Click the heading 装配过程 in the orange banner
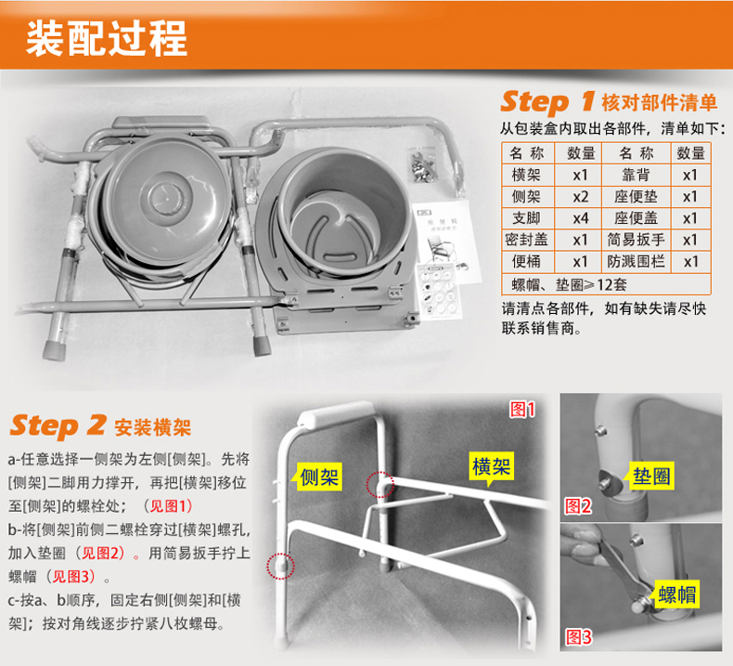click(107, 39)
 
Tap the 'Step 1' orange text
click(547, 102)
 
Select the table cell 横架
click(526, 175)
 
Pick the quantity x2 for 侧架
click(580, 197)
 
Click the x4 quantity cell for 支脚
click(580, 218)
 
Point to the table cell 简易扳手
click(636, 240)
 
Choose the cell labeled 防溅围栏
click(636, 261)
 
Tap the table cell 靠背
click(636, 175)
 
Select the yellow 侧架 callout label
click(319, 477)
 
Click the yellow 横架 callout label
click(491, 466)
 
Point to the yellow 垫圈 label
click(651, 477)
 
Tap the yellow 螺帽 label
click(677, 594)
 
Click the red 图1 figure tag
click(522, 410)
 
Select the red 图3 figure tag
click(578, 637)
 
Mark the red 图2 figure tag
click(578, 506)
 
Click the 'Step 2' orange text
click(58, 425)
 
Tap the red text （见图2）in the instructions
click(100, 554)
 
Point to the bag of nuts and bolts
click(422, 164)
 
